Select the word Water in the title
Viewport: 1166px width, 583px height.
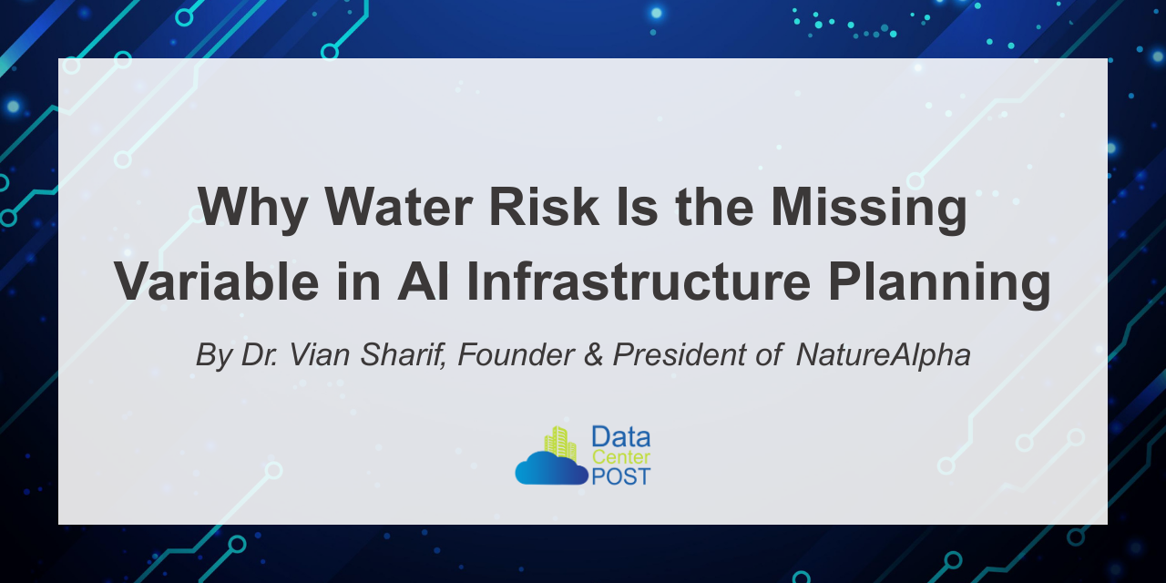click(399, 206)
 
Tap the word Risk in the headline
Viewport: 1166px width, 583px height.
click(544, 206)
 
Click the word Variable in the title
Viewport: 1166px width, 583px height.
click(217, 281)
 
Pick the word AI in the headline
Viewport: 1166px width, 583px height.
click(423, 281)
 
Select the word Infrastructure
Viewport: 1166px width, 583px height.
click(639, 281)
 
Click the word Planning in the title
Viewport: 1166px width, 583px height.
click(939, 284)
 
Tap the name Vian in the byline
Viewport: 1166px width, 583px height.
click(319, 354)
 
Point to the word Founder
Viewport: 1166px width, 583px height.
click(516, 354)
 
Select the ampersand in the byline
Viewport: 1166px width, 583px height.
click(593, 354)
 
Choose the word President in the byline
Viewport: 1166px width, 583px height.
click(680, 354)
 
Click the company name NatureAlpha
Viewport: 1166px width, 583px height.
click(884, 355)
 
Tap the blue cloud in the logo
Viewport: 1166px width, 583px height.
click(552, 468)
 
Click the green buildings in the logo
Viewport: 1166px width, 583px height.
click(560, 443)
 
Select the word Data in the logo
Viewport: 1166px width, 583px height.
click(621, 437)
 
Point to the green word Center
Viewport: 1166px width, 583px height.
click(621, 457)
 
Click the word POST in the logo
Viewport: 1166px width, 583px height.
click(621, 476)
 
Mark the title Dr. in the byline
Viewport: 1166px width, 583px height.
click(260, 354)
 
